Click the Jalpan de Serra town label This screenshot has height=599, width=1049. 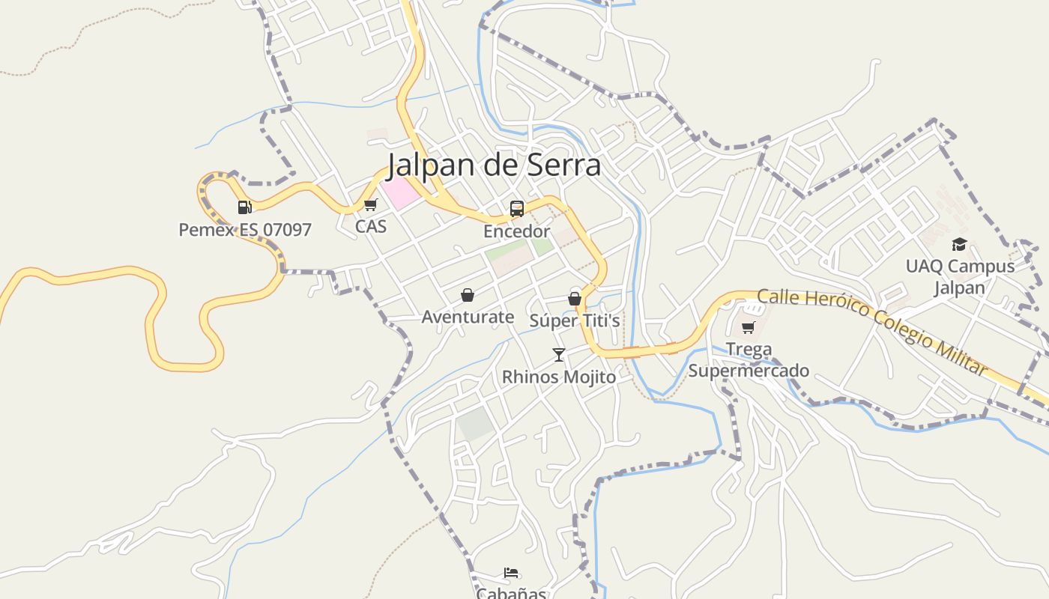pyautogui.click(x=495, y=165)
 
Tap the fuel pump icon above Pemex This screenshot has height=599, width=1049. pyautogui.click(x=244, y=207)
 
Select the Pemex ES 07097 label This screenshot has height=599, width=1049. pyautogui.click(x=245, y=229)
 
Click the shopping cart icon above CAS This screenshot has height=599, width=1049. pyautogui.click(x=370, y=204)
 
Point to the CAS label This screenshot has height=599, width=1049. pyautogui.click(x=371, y=225)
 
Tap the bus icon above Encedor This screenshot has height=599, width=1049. pyautogui.click(x=517, y=209)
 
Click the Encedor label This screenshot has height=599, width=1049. pyautogui.click(x=517, y=231)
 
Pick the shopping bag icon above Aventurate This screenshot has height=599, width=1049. pyautogui.click(x=468, y=295)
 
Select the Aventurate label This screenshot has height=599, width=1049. pyautogui.click(x=468, y=317)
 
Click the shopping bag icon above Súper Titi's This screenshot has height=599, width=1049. pyautogui.click(x=575, y=298)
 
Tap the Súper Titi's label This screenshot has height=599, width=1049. pyautogui.click(x=575, y=320)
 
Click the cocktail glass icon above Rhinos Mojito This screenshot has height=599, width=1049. pyautogui.click(x=558, y=354)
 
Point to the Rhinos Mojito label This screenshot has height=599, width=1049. pyautogui.click(x=559, y=377)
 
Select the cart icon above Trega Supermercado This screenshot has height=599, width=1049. pyautogui.click(x=748, y=327)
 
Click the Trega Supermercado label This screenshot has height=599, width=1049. pyautogui.click(x=749, y=360)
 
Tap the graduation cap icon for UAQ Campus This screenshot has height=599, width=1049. pyautogui.click(x=959, y=244)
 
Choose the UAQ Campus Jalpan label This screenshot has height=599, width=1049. pyautogui.click(x=960, y=277)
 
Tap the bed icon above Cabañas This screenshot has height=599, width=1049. pyautogui.click(x=511, y=573)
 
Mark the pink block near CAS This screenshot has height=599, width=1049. pyautogui.click(x=402, y=193)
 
